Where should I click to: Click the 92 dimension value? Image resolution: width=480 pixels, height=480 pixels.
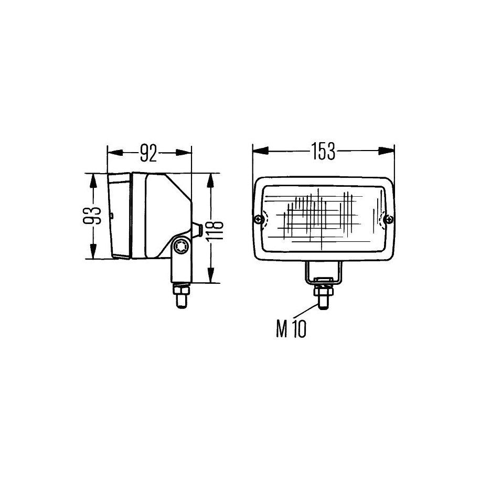click(149, 153)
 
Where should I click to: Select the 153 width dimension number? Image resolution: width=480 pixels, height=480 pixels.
click(323, 152)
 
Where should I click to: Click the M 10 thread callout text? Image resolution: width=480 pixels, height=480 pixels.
click(291, 329)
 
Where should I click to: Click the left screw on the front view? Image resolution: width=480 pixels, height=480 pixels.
click(259, 219)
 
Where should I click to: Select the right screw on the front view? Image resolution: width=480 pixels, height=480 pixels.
click(389, 219)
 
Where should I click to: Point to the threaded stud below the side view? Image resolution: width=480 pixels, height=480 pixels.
click(181, 302)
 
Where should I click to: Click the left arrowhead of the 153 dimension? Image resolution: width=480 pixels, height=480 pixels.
click(260, 151)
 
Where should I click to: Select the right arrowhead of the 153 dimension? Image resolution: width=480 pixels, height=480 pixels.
click(387, 151)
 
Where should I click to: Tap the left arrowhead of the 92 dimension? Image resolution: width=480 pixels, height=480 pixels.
click(115, 152)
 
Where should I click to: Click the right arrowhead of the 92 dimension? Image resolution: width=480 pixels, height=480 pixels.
click(184, 152)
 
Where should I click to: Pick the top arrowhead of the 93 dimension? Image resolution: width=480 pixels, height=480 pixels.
click(93, 181)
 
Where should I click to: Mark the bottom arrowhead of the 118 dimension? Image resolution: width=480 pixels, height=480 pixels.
click(210, 275)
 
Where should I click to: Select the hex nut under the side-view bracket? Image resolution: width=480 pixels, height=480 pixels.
click(181, 290)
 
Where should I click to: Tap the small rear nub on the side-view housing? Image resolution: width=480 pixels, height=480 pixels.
click(197, 229)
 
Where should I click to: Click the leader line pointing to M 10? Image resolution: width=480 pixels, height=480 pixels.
click(305, 312)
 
